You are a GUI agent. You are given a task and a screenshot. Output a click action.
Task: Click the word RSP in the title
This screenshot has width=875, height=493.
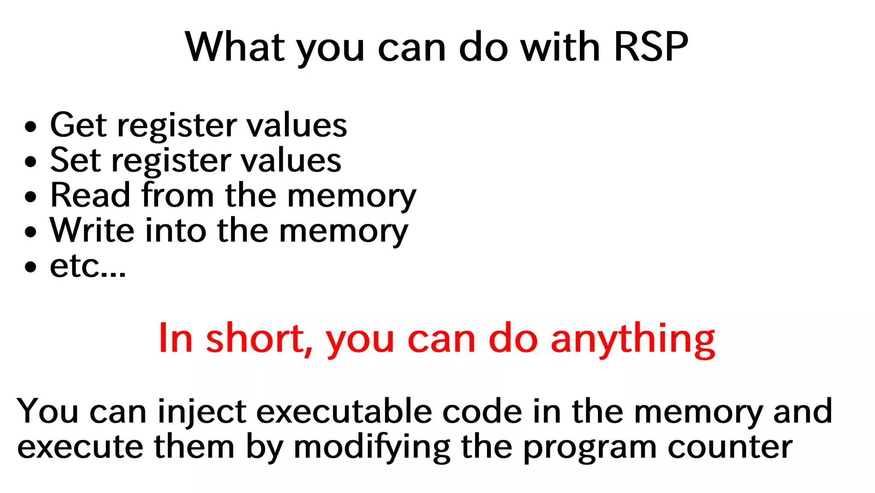(650, 47)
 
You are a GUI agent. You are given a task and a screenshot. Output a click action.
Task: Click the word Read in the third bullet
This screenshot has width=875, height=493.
(90, 195)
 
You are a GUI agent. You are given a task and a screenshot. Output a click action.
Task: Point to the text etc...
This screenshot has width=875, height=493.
(88, 267)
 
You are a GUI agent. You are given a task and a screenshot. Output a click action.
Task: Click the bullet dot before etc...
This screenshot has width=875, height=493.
(31, 267)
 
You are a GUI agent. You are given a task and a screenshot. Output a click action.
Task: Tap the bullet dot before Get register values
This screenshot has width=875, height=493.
(31, 127)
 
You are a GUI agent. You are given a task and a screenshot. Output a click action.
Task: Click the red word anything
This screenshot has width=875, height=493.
(632, 340)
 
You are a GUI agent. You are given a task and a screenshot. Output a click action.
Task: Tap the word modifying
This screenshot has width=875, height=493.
(372, 448)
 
